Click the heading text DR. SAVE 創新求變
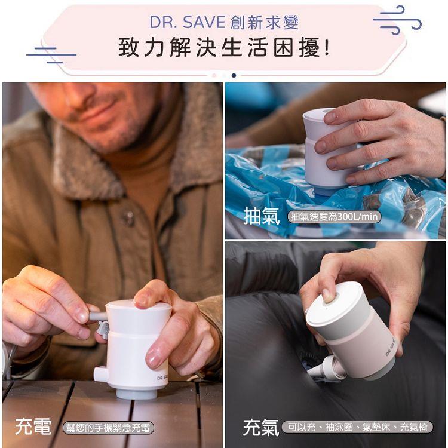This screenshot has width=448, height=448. coord(224,23)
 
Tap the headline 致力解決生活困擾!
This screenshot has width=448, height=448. coord(224,47)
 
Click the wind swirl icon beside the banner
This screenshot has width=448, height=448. coord(397,20)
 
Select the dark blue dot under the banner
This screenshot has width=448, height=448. coord(234,75)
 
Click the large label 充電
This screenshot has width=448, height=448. coord(33,426)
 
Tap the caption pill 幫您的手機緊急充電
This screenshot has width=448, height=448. coord(108,428)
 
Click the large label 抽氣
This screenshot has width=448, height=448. coord(261,216)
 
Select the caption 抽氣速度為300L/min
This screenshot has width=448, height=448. coord(334,217)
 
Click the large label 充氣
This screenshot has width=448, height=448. coord(260,428)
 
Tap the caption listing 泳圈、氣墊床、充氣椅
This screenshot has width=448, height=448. coord(357,427)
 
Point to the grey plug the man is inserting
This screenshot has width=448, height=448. coord(98,317)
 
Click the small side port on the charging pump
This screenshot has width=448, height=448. coord(100,374)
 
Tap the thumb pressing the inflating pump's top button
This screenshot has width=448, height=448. coord(328,295)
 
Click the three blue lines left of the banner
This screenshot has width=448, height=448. coord(51,54)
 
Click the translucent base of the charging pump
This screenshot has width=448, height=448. coord(136,394)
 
